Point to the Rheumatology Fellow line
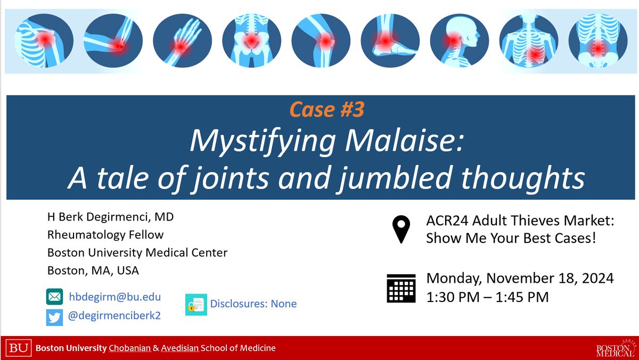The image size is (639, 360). [x=105, y=235]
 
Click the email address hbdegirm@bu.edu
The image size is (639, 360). [x=114, y=297]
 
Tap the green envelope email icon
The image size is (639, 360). [x=54, y=297]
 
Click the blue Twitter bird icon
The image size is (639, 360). [x=54, y=316]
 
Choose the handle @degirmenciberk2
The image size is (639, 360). [x=114, y=316]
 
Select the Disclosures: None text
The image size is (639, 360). [x=253, y=304]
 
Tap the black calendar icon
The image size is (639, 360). [x=401, y=287]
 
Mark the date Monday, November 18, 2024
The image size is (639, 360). [x=520, y=278]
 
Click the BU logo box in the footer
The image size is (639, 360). [x=19, y=348]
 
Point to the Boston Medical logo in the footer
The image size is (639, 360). [x=615, y=348]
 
